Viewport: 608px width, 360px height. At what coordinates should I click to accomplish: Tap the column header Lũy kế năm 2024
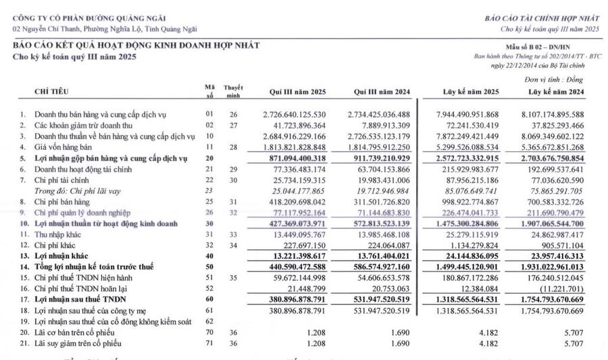[556, 91]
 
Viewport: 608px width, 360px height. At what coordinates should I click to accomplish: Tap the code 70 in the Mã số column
[209, 333]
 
